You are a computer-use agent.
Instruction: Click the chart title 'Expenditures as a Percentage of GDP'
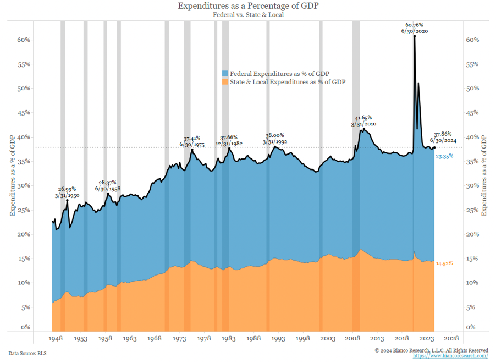click(x=247, y=6)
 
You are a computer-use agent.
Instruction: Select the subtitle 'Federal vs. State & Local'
click(x=247, y=15)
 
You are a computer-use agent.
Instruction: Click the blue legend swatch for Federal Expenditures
click(x=225, y=74)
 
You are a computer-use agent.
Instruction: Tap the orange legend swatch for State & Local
click(x=225, y=81)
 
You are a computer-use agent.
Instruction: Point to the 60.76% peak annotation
click(x=414, y=25)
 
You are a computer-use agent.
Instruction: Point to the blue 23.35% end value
click(x=444, y=157)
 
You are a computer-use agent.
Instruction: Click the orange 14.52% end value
click(x=444, y=263)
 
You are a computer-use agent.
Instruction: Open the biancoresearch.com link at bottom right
click(x=450, y=356)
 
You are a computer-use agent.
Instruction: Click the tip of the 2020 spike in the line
click(x=414, y=36)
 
